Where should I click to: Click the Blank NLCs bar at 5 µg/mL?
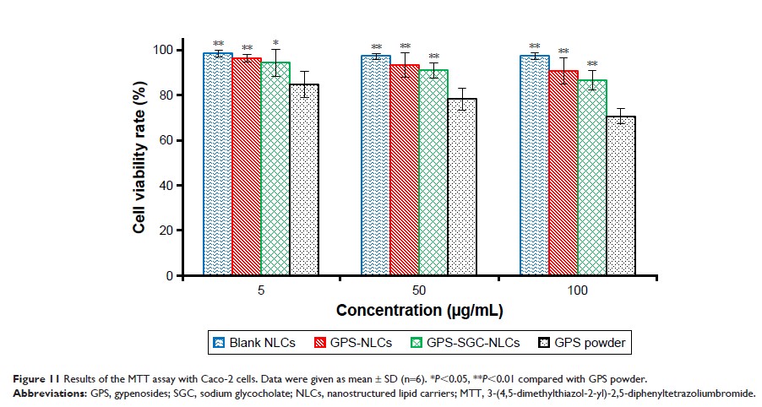[218, 165]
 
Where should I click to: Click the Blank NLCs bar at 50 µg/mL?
[376, 166]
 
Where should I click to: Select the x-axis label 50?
[420, 290]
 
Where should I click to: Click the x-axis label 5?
[261, 290]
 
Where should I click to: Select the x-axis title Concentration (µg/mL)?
[419, 311]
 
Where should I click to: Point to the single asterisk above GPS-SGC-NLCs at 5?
[275, 41]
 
